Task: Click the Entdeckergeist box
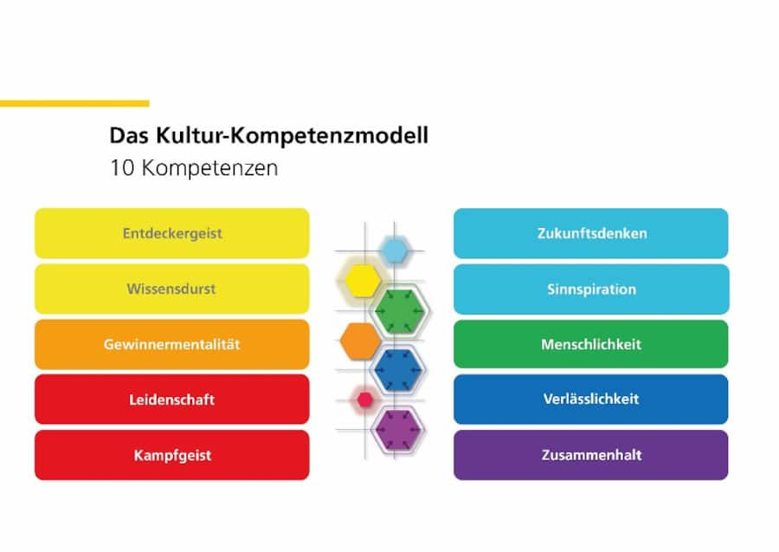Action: [x=171, y=233]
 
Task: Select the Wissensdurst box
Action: [x=171, y=289]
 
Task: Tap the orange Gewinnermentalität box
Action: [x=171, y=344]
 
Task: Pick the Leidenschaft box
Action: [x=171, y=399]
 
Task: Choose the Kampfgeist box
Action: [x=171, y=455]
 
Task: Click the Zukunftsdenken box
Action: [x=590, y=233]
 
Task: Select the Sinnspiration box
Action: [x=590, y=289]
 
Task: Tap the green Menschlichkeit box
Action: [x=590, y=344]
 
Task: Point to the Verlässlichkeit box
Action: [x=590, y=399]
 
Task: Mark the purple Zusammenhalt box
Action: [x=590, y=455]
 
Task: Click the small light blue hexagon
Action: [x=395, y=250]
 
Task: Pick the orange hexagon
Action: [x=357, y=340]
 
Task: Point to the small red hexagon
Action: [x=364, y=399]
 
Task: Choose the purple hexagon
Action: [x=398, y=428]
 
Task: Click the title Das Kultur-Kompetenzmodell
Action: [x=268, y=136]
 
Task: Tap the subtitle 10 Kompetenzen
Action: [x=194, y=168]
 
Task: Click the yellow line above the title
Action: [x=74, y=103]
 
